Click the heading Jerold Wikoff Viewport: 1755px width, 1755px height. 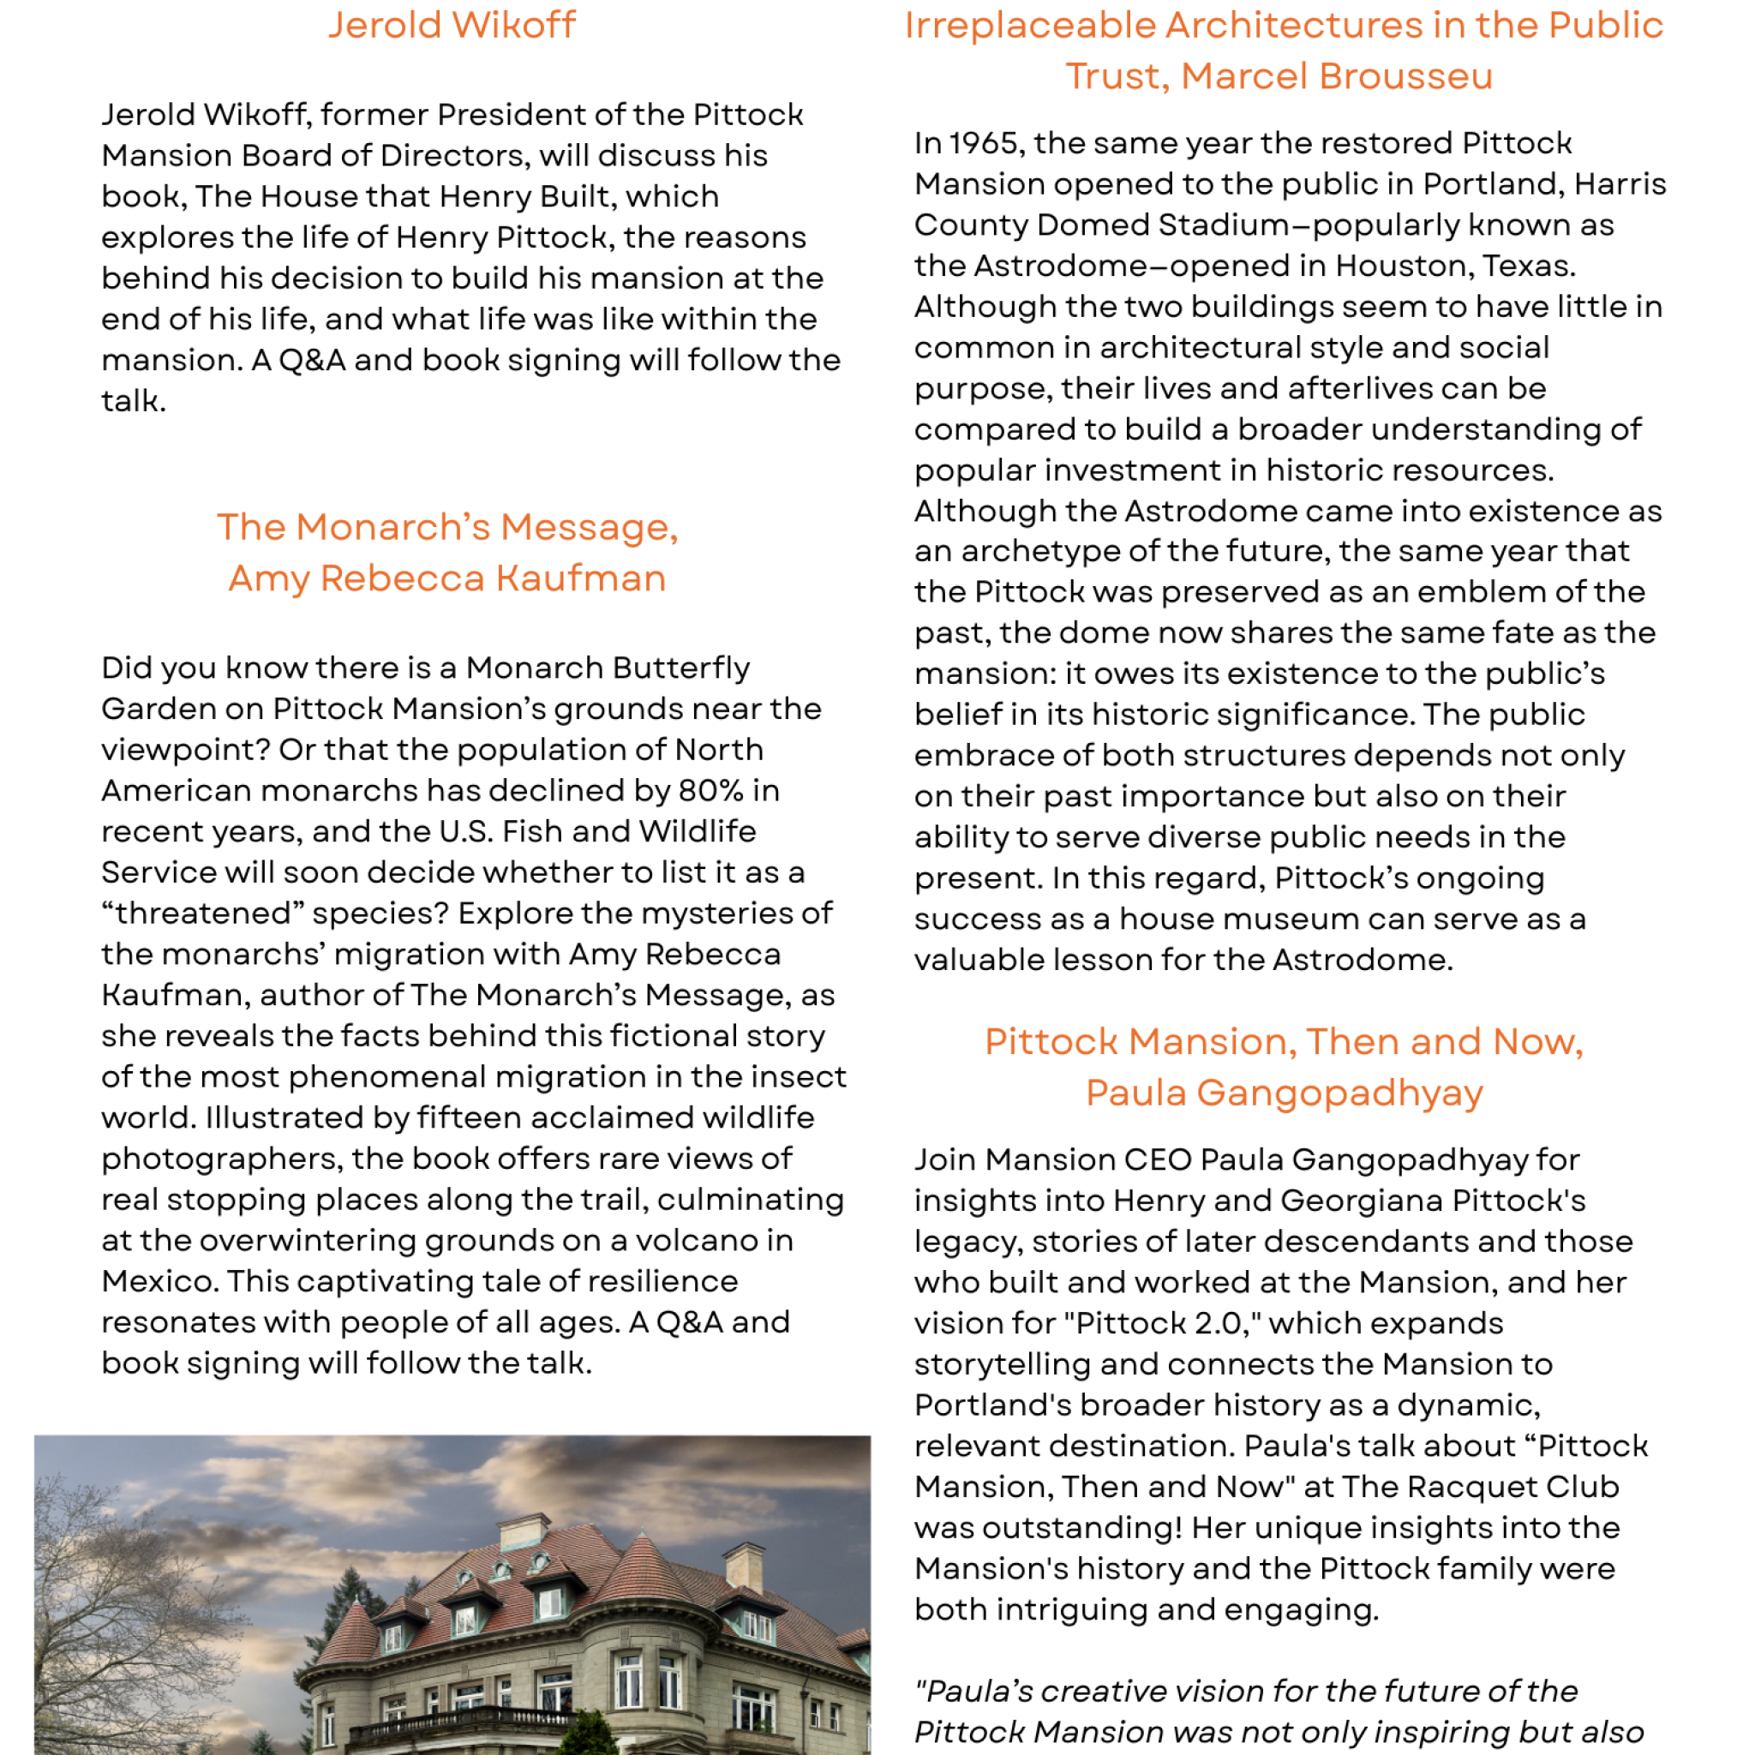pyautogui.click(x=452, y=26)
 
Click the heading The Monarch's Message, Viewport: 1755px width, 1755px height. pyautogui.click(x=447, y=527)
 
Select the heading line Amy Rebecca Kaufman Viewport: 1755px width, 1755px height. pyautogui.click(x=447, y=578)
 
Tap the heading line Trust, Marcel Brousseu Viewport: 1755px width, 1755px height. pyautogui.click(x=1279, y=76)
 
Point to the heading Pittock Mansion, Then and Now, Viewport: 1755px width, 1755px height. pyautogui.click(x=1284, y=1041)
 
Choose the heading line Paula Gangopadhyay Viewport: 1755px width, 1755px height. pyautogui.click(x=1284, y=1092)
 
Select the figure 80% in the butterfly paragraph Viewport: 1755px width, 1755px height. pyautogui.click(x=710, y=790)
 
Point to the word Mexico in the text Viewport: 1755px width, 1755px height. pyautogui.click(x=159, y=1281)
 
